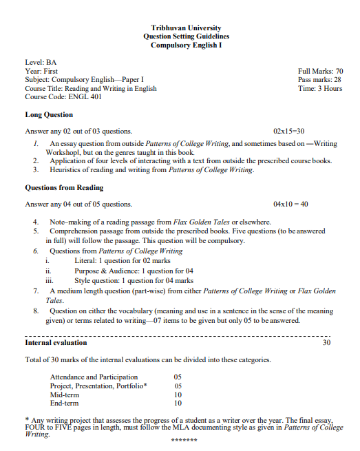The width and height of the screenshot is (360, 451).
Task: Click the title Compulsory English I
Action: click(x=186, y=45)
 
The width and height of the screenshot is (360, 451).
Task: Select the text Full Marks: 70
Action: click(x=320, y=71)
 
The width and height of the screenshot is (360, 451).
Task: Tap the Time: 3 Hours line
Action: click(x=320, y=89)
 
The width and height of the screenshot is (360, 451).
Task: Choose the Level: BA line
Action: click(x=41, y=62)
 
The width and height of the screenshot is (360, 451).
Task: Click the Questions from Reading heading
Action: click(x=64, y=187)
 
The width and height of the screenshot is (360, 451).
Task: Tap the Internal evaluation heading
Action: click(x=56, y=342)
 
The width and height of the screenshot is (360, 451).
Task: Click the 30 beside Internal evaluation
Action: click(x=326, y=342)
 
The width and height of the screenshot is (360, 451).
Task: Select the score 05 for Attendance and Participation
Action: click(x=178, y=377)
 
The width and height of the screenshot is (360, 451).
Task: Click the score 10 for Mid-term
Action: click(x=178, y=395)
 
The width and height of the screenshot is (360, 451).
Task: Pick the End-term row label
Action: click(x=65, y=403)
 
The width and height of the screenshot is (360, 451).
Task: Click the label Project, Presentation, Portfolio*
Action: click(x=98, y=386)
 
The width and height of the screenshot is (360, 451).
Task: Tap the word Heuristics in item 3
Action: click(x=67, y=169)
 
